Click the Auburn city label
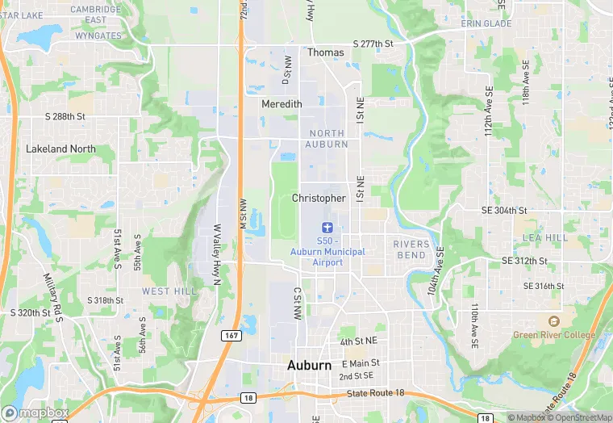coord(310,366)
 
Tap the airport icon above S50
coord(327,229)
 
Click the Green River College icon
coord(553,321)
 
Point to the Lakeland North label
coord(60,149)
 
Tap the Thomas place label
coord(325,52)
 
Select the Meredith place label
coord(281,104)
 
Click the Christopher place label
coord(319,199)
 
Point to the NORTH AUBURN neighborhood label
coord(327,139)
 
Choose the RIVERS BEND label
coord(410,249)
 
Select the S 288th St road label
coord(65,117)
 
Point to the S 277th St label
coord(373,44)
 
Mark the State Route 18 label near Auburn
coord(375,393)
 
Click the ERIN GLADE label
coord(486,23)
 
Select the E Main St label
coord(361,363)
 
